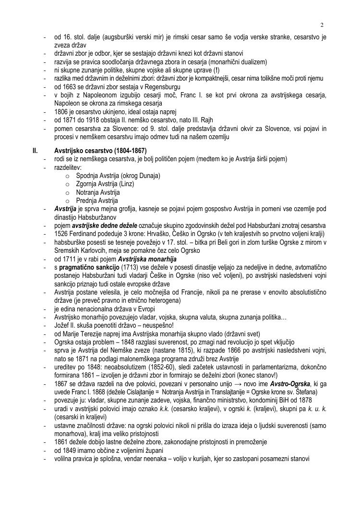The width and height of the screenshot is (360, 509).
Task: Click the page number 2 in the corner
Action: pos(322,25)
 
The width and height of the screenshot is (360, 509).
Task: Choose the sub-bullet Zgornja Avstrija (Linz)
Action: pos(105,184)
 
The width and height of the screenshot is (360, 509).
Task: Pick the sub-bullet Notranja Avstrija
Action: pos(97,192)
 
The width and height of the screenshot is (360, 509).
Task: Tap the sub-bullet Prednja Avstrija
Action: pos(96,201)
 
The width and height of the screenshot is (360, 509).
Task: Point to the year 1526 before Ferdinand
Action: pos(61,234)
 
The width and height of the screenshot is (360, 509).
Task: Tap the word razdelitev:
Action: pos(68,167)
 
